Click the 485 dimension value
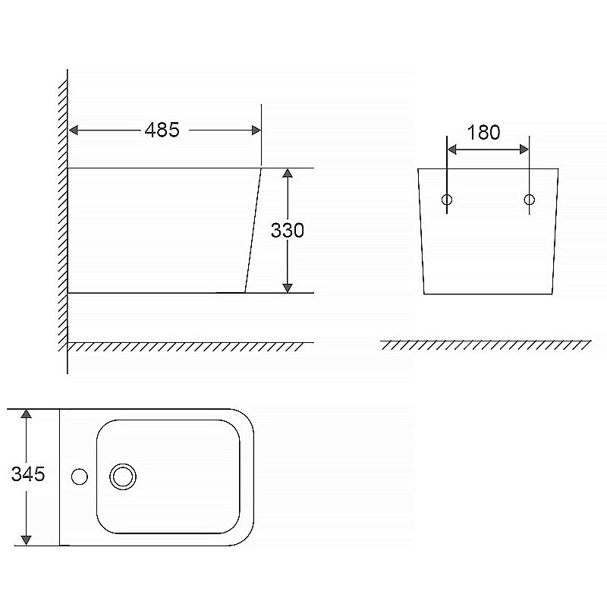(x=162, y=130)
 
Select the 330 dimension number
(x=288, y=231)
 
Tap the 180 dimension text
(x=483, y=132)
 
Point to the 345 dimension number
(x=28, y=473)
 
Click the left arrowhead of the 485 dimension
(x=73, y=130)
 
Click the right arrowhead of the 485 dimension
(x=256, y=130)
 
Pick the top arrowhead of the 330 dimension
(x=288, y=173)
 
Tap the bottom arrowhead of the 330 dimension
(x=288, y=288)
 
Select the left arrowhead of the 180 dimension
(x=452, y=149)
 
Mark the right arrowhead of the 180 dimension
(x=524, y=149)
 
